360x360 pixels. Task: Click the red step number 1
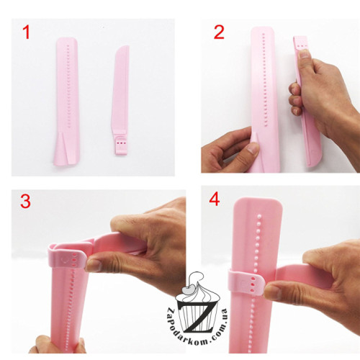point(27,32)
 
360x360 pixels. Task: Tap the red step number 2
point(219,32)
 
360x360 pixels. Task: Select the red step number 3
point(25,201)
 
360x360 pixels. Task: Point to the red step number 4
point(215,199)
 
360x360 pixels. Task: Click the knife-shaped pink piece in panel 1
point(120,100)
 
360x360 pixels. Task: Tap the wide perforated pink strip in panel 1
point(66,102)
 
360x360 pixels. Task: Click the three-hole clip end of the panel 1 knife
point(121,145)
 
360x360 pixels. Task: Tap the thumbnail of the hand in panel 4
point(272,292)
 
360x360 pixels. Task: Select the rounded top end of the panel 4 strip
point(258,203)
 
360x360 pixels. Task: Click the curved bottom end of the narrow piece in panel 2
point(314,160)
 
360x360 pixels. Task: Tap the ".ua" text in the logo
point(222,314)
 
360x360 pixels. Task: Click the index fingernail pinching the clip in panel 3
point(93,265)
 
